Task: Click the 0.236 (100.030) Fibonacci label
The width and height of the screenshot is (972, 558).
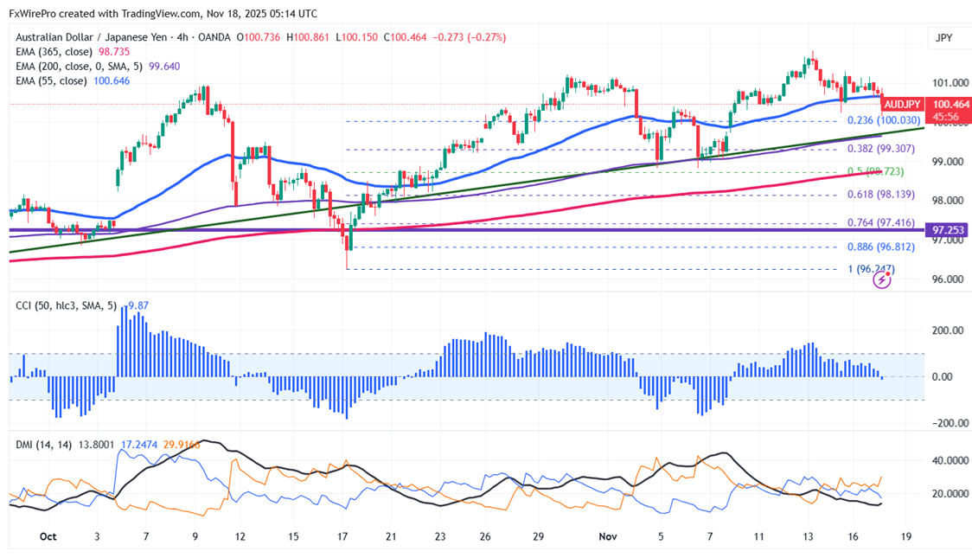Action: tap(876, 120)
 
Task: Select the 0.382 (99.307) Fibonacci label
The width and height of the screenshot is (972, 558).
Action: tap(876, 149)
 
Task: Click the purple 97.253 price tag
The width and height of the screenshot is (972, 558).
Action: tap(948, 230)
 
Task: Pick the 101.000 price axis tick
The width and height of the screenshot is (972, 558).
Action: tap(950, 83)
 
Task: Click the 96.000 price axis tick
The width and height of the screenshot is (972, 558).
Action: tap(950, 279)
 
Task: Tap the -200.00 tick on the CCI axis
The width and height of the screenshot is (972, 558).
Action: tap(949, 423)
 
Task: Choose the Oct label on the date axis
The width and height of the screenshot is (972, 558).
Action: tap(48, 536)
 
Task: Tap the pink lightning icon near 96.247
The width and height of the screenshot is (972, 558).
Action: tap(883, 279)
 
